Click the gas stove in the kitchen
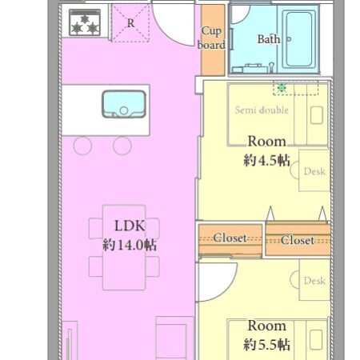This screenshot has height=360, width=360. click(x=85, y=22)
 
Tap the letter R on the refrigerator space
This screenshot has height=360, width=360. click(x=130, y=23)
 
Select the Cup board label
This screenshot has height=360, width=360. click(x=211, y=38)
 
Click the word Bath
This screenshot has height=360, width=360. click(x=269, y=39)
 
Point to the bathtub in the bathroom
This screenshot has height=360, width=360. click(x=298, y=39)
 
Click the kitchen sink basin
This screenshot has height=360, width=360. click(x=124, y=104)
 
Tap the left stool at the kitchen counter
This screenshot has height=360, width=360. click(x=82, y=146)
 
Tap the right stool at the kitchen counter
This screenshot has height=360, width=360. click(x=122, y=146)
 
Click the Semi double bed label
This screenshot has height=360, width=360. click(x=262, y=110)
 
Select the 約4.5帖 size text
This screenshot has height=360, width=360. click(x=266, y=161)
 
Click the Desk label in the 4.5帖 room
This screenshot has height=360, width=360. click(x=314, y=171)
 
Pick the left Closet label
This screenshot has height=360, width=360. click(x=230, y=238)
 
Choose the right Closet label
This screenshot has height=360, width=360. click(x=298, y=240)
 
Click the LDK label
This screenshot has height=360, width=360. click(x=130, y=226)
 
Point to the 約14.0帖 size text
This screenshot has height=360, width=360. click(x=130, y=245)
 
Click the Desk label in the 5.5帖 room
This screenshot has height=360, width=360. click(x=314, y=281)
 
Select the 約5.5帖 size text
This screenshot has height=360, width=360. click(x=266, y=345)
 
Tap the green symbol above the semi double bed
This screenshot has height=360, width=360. click(x=282, y=87)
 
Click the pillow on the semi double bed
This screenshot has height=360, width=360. click(x=317, y=115)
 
